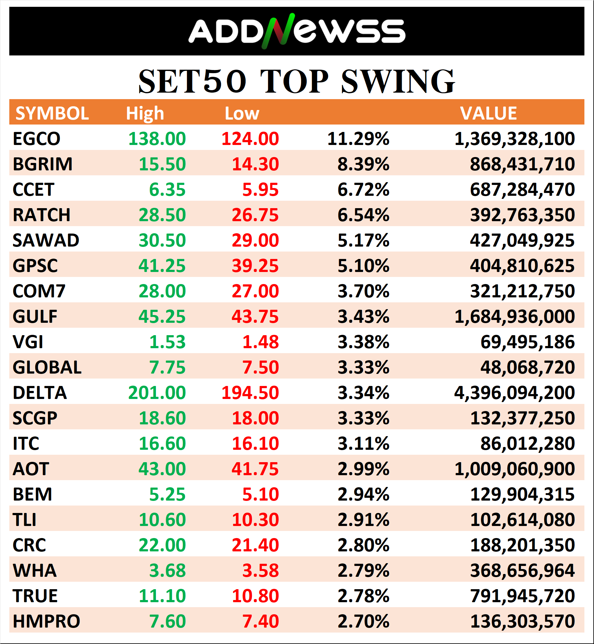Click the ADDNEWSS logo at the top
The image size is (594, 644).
296,31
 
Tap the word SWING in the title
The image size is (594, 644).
398,82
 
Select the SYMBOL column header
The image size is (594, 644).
52,113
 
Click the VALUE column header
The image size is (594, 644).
488,113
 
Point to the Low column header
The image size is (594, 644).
242,113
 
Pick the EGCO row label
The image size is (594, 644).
36,139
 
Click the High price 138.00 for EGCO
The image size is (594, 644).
157,139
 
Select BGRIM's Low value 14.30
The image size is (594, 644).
255,164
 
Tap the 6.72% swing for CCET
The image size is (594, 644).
363,190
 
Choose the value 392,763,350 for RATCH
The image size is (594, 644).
522,215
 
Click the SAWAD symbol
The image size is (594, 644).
46,241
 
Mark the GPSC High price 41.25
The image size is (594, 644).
162,266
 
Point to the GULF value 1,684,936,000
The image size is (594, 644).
514,317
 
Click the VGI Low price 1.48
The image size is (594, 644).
260,342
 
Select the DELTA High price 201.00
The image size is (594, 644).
157,393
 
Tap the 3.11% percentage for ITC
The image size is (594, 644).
363,444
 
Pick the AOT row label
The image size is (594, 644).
31,469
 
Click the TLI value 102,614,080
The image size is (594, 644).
522,520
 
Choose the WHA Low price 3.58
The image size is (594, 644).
260,571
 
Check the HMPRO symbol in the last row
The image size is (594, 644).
46,621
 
